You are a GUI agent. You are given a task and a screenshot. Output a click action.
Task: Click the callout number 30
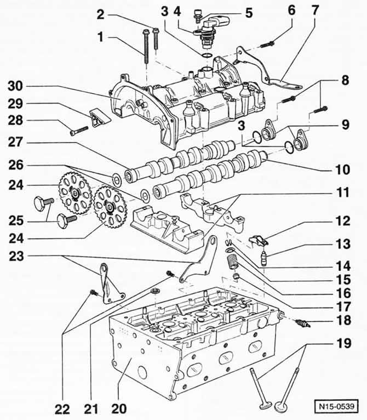coord(15,86)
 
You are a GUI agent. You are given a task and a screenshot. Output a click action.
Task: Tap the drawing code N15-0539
coord(338,406)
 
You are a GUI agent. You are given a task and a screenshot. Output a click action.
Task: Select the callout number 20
coord(119,408)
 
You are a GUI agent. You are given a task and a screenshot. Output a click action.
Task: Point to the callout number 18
coord(343,320)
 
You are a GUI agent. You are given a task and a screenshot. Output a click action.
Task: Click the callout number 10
coord(343,170)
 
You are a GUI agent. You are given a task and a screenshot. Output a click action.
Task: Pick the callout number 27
coord(15,142)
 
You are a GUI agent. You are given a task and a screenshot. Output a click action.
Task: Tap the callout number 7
coord(315,10)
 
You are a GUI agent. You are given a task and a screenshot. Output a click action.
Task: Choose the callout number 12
coord(343,221)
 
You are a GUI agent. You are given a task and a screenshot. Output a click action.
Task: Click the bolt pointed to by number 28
coord(79,130)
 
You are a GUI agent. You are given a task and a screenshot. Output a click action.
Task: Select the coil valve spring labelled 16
coord(233,262)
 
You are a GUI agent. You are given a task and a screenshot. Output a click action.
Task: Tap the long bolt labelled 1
coord(146,46)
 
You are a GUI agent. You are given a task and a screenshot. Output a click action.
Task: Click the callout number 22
coord(62,409)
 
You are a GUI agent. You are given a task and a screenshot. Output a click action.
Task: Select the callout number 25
coord(16,221)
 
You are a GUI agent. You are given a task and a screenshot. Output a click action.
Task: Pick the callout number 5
coord(249,13)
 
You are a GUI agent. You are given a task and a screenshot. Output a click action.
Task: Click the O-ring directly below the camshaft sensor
coord(207,55)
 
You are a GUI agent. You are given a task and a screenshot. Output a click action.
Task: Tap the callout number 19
coord(343,343)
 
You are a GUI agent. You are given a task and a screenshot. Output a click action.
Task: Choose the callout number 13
coord(343,244)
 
